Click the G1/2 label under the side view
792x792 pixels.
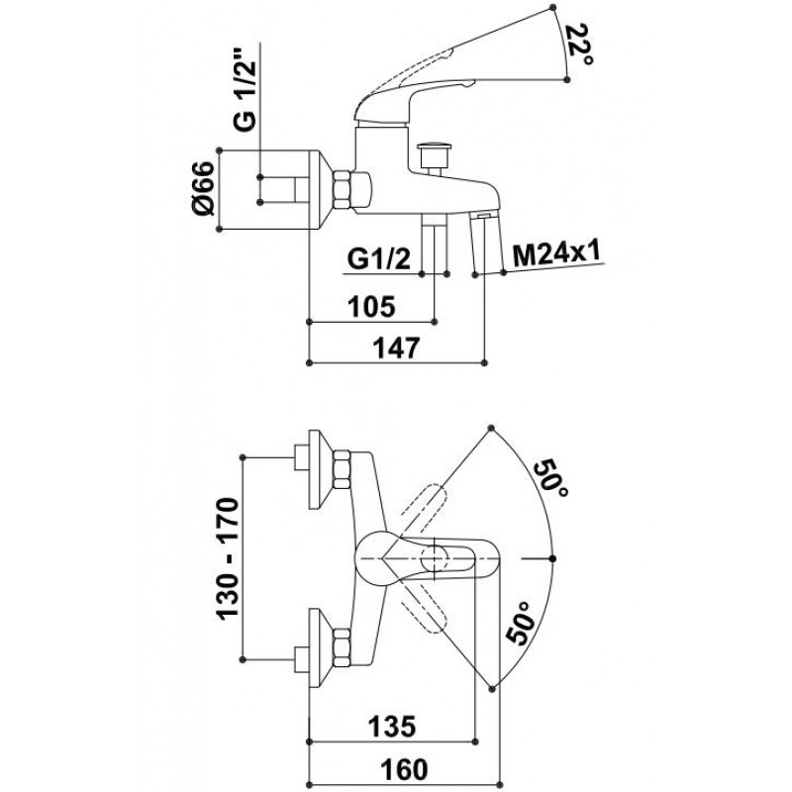[377, 259]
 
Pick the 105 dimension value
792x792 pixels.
[373, 306]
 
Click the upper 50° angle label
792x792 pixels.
[552, 480]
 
